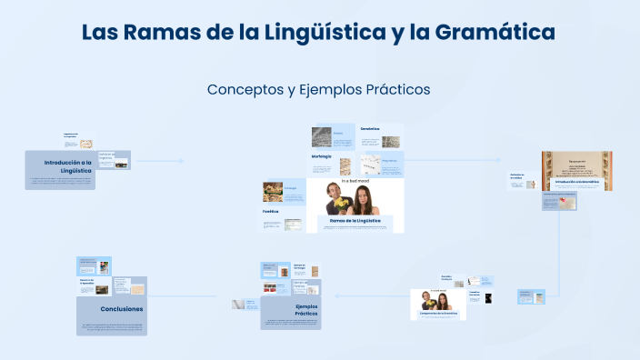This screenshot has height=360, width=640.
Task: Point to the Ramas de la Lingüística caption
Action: pos(355,221)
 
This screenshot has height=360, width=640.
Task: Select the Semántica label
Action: pos(369,129)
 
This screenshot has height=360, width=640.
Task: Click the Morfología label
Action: pos(321,156)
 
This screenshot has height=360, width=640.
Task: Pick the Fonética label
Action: pos(270,211)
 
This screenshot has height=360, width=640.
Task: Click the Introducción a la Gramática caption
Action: pos(576,182)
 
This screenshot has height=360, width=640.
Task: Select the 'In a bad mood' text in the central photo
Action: pos(355,182)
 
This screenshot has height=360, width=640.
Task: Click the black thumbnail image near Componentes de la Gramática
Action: pos(488,297)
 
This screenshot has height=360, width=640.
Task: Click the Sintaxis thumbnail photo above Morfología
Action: pos(321,137)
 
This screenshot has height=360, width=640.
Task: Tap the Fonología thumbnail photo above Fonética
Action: pos(272,191)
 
